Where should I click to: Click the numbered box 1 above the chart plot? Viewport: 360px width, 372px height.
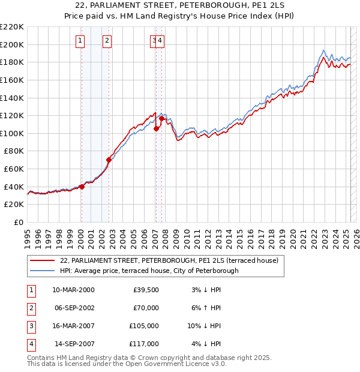pos(80,41)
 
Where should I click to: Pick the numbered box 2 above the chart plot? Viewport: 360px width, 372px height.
pos(106,41)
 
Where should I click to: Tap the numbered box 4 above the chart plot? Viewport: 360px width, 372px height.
pos(161,41)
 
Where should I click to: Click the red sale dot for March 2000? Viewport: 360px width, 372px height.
pos(82,187)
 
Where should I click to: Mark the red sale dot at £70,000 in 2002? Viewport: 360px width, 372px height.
pos(109,160)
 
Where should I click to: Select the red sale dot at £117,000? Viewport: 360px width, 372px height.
pos(162,118)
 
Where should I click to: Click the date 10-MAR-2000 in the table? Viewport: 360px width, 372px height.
pos(73,290)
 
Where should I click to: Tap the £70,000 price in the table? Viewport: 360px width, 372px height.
pos(146,308)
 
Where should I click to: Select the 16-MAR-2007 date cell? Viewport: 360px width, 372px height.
pos(73,326)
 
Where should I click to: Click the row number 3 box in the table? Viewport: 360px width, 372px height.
pos(30,326)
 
